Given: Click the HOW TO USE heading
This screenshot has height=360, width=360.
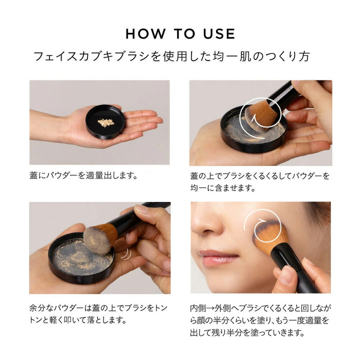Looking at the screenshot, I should click(180, 33).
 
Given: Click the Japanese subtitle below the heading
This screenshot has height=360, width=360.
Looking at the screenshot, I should click(171, 56).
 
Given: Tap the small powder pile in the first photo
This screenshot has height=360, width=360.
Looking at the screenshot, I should click(105, 122).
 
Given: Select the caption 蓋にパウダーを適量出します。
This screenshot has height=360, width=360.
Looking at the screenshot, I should click(83, 176).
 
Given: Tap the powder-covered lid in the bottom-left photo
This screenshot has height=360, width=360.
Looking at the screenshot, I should click(80, 257).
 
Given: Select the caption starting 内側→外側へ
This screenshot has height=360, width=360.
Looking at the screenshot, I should click(259, 320).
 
